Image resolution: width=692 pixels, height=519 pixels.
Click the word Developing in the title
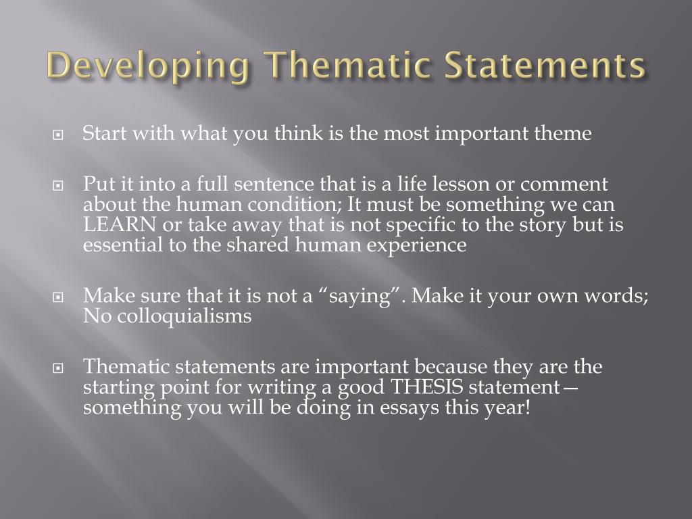[x=148, y=66]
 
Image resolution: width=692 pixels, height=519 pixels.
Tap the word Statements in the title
[x=545, y=65]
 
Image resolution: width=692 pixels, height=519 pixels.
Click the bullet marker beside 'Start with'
[x=58, y=134]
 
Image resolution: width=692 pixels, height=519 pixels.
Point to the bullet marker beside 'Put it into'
[x=58, y=186]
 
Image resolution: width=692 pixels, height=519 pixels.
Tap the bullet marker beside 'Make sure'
[x=58, y=297]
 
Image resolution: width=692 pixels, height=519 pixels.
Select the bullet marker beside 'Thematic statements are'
[x=58, y=368]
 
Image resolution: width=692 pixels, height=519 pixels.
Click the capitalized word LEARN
[x=120, y=224]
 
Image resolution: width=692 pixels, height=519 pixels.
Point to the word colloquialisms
[x=184, y=316]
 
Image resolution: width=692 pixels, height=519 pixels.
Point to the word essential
[x=123, y=245]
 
